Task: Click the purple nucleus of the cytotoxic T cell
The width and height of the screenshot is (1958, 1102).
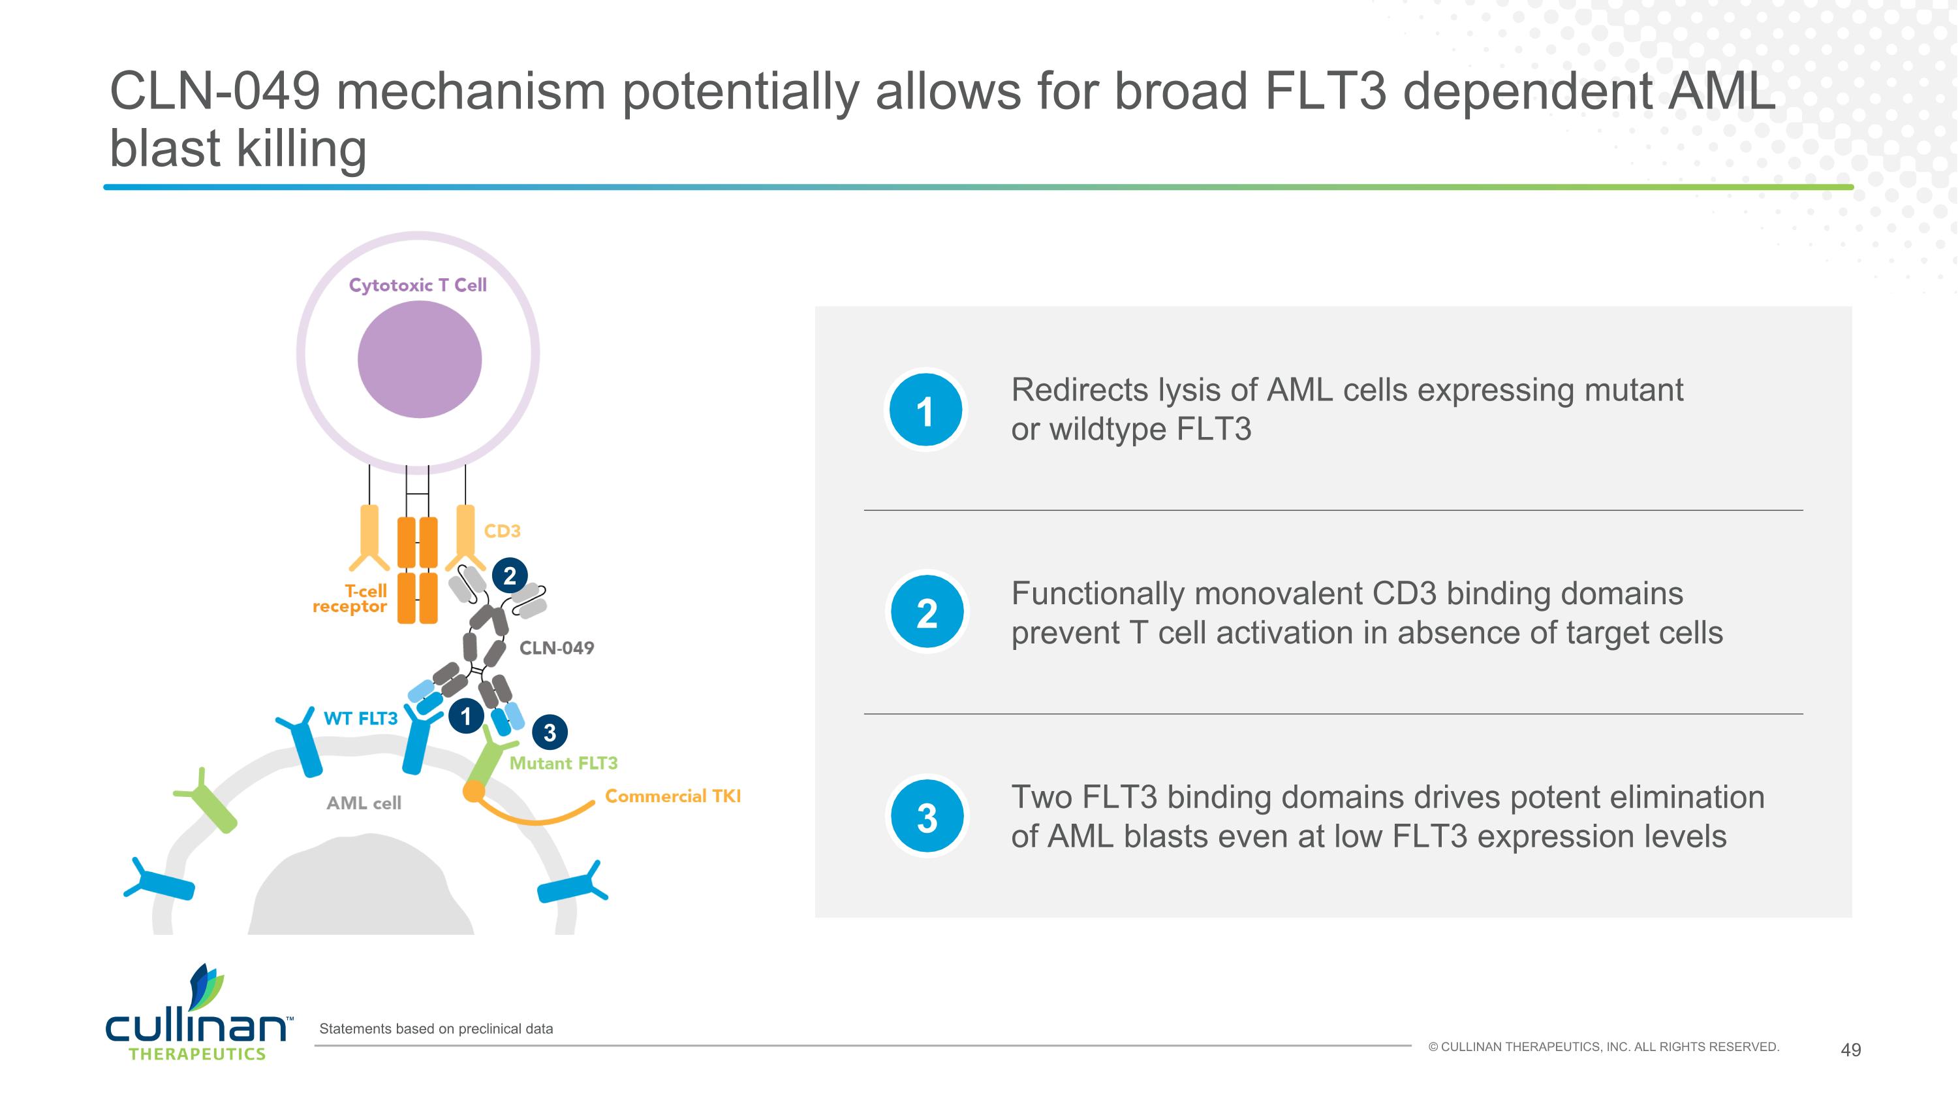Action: pos(420,359)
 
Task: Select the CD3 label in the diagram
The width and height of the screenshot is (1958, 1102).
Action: pos(503,531)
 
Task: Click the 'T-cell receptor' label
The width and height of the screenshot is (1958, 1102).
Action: pos(350,598)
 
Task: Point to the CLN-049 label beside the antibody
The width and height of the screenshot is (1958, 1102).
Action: pos(556,648)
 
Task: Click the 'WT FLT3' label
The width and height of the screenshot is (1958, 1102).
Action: pos(360,719)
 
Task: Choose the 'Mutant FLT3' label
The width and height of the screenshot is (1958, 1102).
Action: pos(563,763)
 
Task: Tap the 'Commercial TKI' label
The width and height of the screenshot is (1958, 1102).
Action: pos(673,796)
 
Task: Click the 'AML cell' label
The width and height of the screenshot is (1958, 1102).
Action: pos(364,803)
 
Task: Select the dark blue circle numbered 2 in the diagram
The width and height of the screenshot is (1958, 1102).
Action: pos(510,575)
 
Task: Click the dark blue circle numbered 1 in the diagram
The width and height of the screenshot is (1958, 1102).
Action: pos(466,716)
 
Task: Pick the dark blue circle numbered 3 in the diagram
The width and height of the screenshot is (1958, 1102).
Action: pos(550,732)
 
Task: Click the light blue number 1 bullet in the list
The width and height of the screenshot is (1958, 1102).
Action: pos(925,410)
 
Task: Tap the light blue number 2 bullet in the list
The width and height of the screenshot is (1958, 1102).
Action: pos(927,612)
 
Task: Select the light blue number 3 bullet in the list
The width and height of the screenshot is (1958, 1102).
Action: pos(927,816)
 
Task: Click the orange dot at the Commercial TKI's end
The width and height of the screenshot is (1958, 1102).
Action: pos(474,791)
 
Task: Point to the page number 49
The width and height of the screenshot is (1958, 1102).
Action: pos(1851,1050)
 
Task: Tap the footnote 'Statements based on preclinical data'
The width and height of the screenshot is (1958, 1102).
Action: pos(436,1029)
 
